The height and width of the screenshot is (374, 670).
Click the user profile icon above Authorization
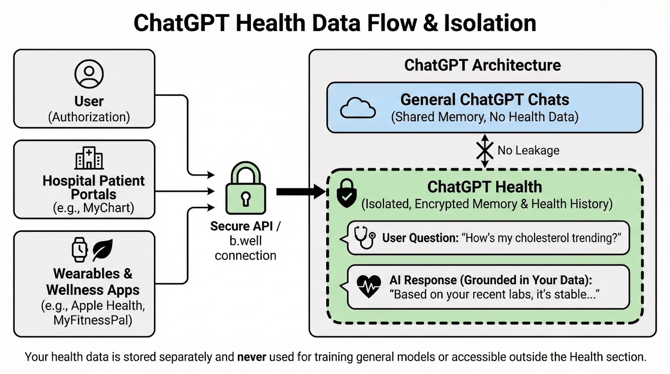[89, 74]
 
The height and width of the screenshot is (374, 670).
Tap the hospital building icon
[89, 158]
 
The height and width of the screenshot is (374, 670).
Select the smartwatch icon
[80, 250]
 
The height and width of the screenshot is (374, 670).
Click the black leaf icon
[102, 250]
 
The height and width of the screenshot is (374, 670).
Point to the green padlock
[245, 189]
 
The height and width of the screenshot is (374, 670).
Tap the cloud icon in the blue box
[358, 108]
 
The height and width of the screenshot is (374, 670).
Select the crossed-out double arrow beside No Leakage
[484, 151]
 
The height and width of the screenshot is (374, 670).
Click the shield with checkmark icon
[347, 193]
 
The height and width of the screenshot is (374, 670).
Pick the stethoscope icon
[364, 237]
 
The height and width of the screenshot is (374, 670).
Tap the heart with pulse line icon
[368, 286]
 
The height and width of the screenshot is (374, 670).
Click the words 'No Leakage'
[528, 150]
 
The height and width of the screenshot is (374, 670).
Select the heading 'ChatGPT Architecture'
[482, 65]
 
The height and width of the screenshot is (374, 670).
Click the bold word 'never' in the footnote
[252, 357]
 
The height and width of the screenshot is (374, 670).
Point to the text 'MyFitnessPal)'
[93, 320]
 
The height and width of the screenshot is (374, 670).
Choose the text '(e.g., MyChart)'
[93, 208]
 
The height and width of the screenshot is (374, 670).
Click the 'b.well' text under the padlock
[245, 241]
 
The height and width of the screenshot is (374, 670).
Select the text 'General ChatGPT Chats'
[484, 100]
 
